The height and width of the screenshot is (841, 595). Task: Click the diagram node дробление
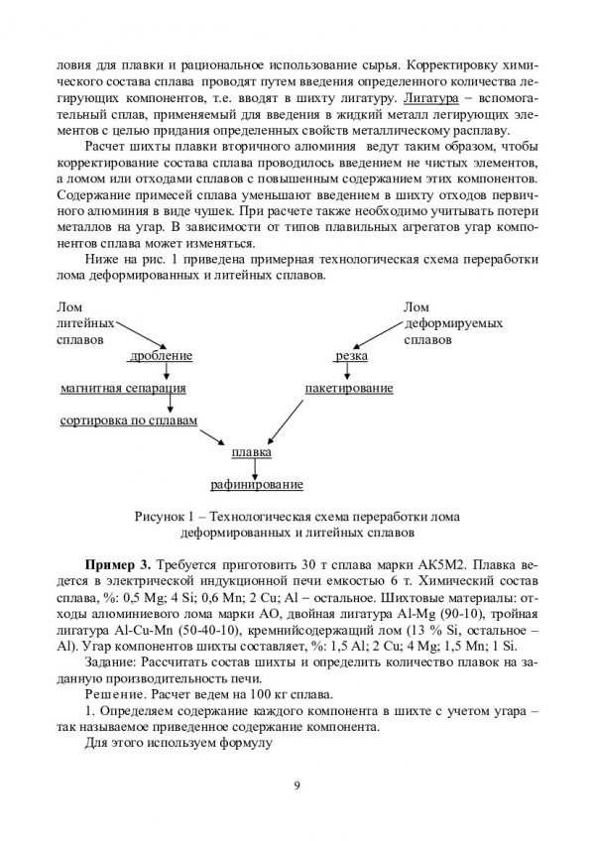tap(161, 355)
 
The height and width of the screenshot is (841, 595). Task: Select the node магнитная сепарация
tap(123, 388)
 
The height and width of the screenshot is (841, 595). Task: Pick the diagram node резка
tap(352, 355)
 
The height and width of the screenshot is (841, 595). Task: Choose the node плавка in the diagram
tap(252, 452)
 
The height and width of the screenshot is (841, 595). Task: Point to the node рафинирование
tap(257, 485)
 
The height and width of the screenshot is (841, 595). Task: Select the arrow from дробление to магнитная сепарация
tap(167, 371)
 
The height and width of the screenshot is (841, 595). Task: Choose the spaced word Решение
tap(119, 691)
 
